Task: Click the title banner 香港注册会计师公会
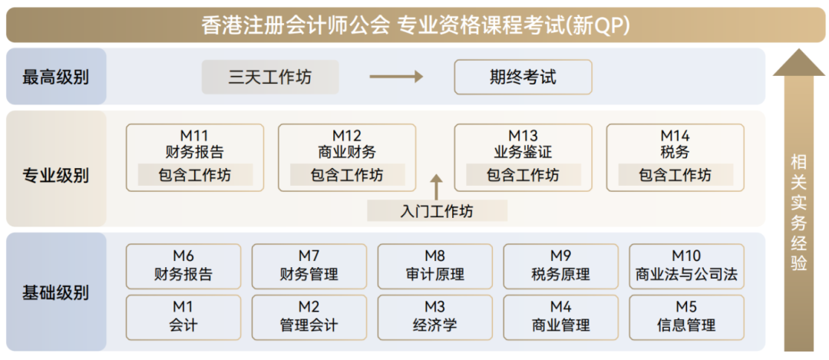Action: [414, 25]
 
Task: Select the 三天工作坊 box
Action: [270, 78]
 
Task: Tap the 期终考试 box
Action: [523, 78]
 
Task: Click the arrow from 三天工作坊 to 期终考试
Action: [396, 77]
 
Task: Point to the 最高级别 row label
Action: [55, 77]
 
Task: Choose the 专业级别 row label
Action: [55, 176]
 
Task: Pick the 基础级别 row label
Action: [55, 292]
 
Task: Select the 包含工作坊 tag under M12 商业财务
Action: [347, 176]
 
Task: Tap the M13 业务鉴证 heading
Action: [523, 144]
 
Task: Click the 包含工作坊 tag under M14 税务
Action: [675, 176]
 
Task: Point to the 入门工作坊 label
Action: [437, 211]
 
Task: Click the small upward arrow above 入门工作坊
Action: [437, 187]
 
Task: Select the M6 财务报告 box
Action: [183, 266]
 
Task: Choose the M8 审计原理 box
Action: [434, 266]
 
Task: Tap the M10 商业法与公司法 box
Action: [686, 266]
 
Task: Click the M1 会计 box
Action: [183, 315]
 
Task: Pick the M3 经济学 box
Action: [434, 315]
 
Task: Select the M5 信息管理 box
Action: [686, 315]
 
